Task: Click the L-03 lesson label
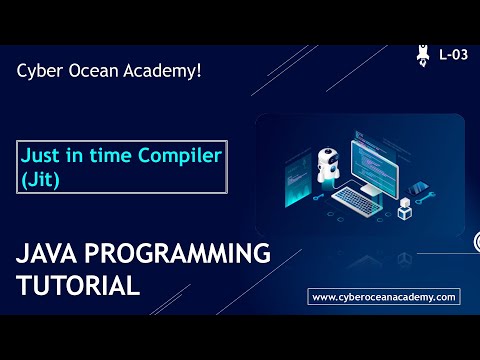[x=453, y=55]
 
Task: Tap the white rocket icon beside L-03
[x=424, y=54]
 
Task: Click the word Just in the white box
[x=40, y=157]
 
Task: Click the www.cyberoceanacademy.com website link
[x=384, y=297]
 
